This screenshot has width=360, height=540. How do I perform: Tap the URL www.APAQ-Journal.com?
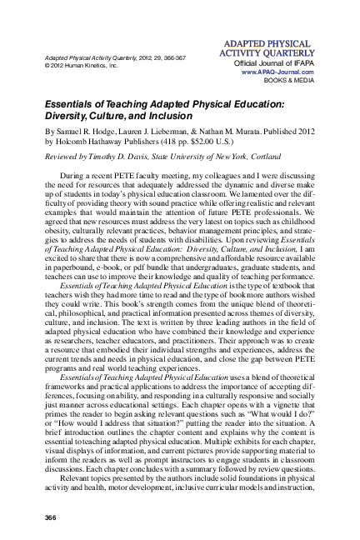(275, 72)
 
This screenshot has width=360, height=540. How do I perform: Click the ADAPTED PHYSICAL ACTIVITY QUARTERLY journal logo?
(265, 47)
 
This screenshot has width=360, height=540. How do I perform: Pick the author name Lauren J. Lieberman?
(174, 132)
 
